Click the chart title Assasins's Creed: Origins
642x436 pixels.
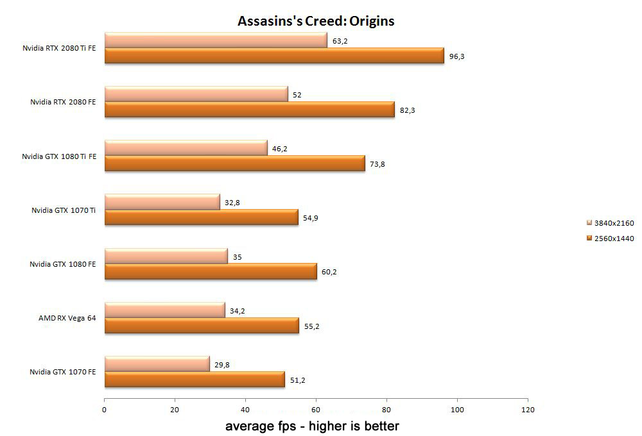click(x=316, y=21)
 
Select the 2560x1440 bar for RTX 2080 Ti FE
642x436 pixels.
click(x=274, y=56)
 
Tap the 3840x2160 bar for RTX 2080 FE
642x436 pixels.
click(x=196, y=95)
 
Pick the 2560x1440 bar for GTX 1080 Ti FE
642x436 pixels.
click(x=234, y=164)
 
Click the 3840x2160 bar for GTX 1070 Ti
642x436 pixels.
click(x=162, y=203)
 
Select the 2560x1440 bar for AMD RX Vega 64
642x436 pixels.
click(x=201, y=326)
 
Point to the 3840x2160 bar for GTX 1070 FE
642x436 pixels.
click(x=157, y=364)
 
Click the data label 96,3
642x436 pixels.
click(x=456, y=56)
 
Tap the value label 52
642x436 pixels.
click(x=297, y=95)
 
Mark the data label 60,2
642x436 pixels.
click(x=329, y=272)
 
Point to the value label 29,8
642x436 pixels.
click(x=223, y=364)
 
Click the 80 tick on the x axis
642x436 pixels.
click(x=386, y=408)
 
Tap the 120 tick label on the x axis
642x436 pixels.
click(x=527, y=408)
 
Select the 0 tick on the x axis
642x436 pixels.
click(x=104, y=408)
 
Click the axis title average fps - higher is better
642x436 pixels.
click(x=312, y=426)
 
